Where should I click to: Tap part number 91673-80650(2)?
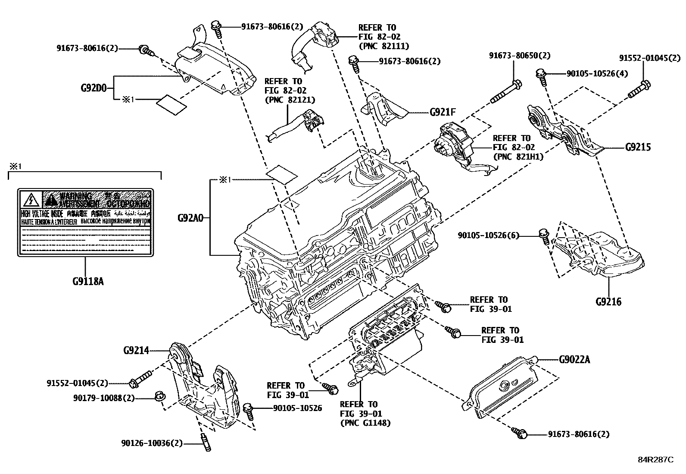519,56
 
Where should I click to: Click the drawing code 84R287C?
655,459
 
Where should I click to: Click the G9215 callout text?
638,147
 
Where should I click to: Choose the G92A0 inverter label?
190,218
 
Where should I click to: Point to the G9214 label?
136,350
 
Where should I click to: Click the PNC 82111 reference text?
384,46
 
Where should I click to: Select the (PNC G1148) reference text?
365,423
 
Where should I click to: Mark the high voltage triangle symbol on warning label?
31,200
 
